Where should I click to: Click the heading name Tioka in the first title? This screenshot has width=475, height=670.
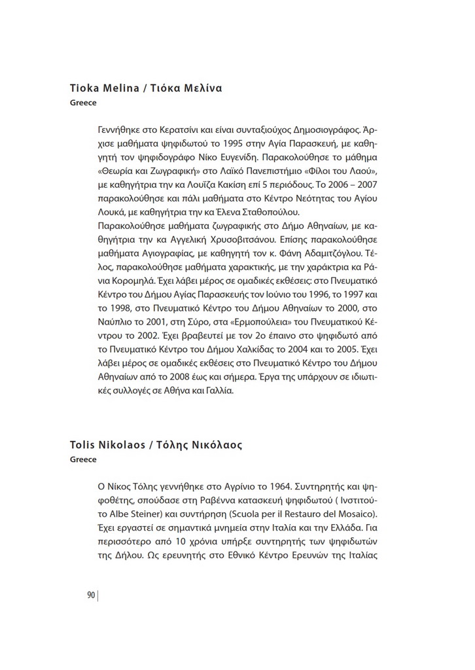click(84, 88)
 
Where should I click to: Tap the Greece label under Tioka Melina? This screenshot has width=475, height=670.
click(83, 103)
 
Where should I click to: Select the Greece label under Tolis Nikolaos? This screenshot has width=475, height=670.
click(83, 459)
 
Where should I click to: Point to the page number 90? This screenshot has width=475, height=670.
click(91, 595)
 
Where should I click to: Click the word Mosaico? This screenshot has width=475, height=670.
click(356, 516)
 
